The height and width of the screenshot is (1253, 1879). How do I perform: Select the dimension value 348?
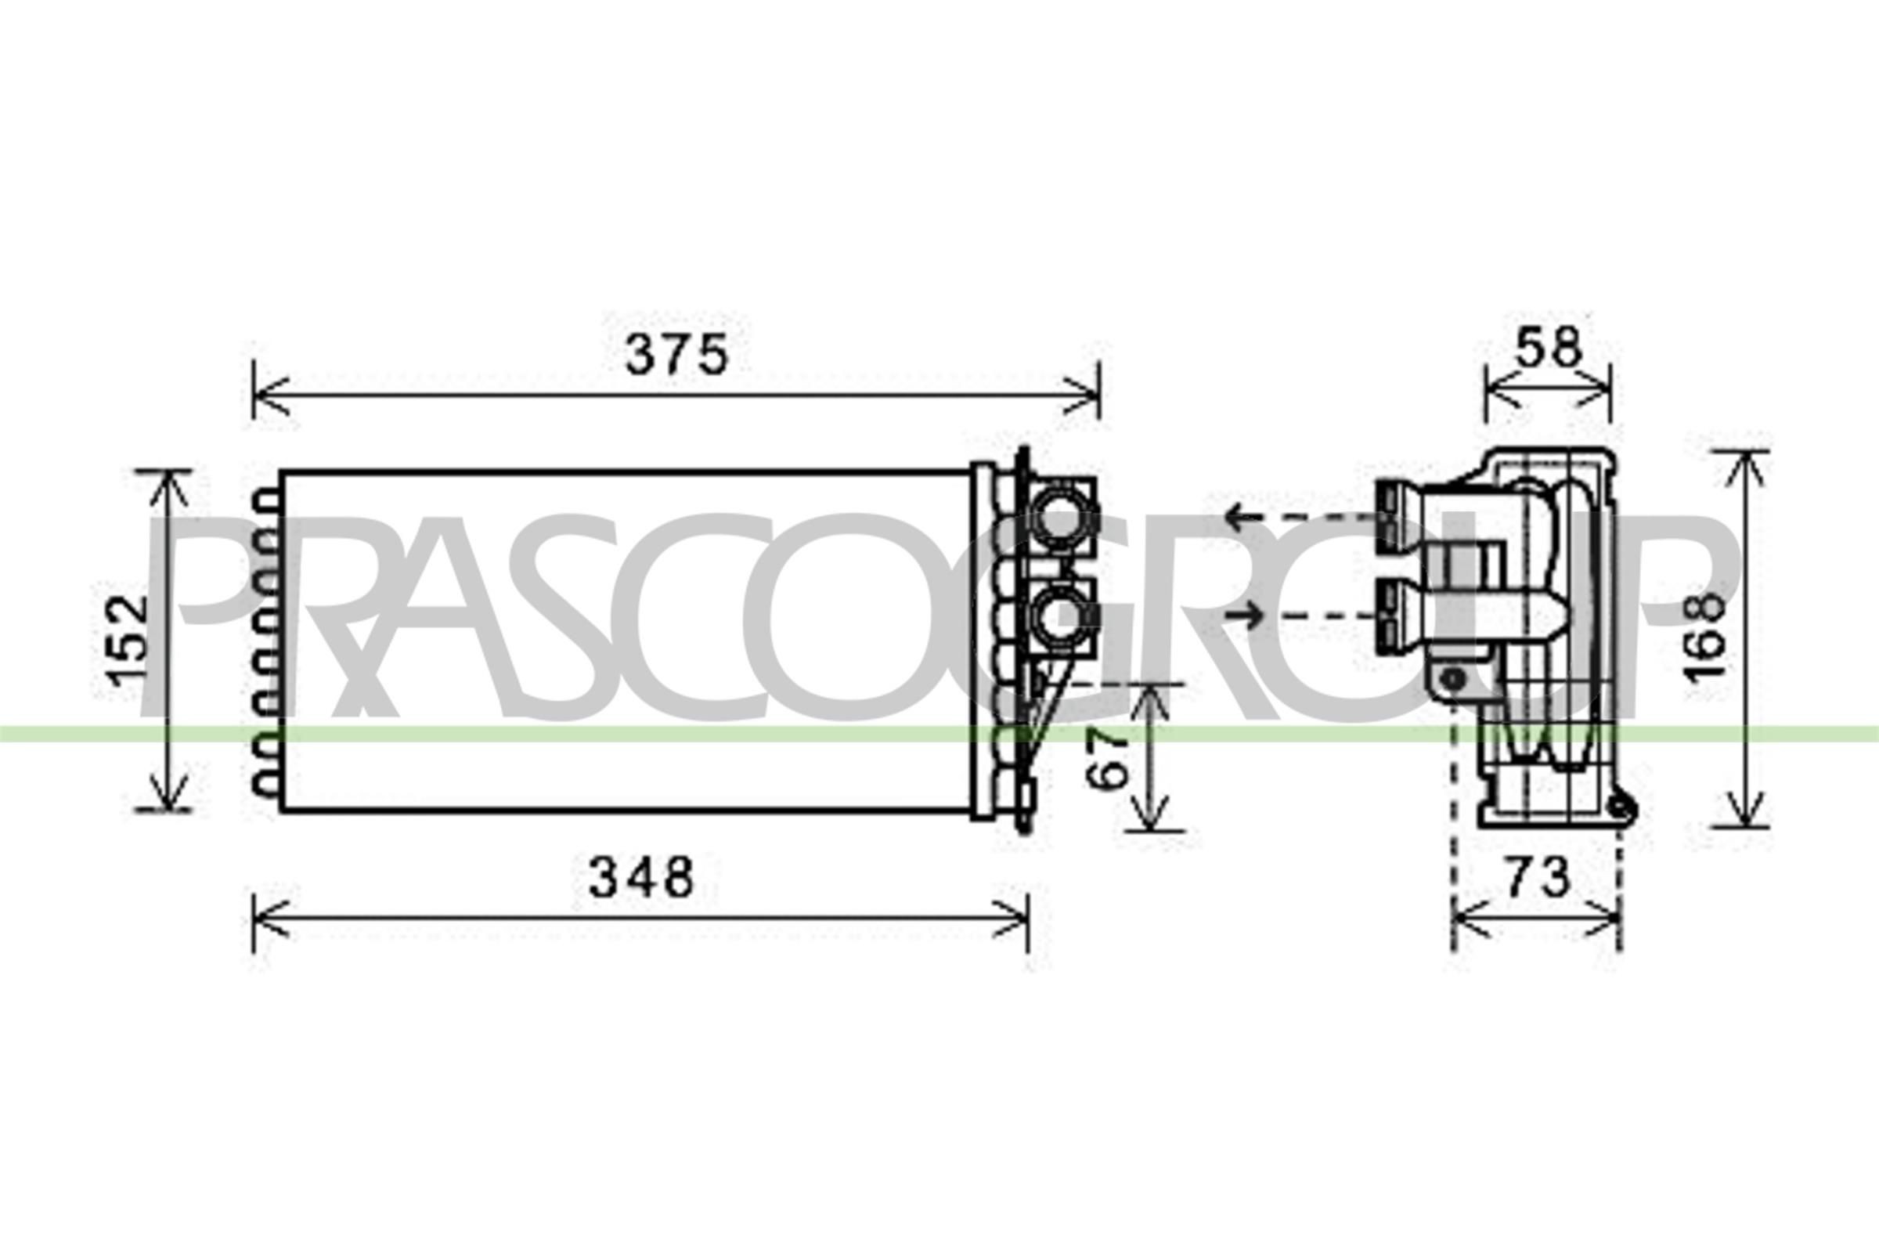click(x=640, y=876)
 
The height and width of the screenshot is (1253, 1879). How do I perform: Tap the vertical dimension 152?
click(x=128, y=641)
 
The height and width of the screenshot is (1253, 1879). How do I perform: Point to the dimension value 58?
click(x=1549, y=348)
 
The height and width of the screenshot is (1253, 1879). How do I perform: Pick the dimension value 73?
click(x=1538, y=876)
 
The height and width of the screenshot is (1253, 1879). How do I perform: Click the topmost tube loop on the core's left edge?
click(x=266, y=502)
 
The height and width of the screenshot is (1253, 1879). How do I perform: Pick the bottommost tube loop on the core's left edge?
click(x=266, y=785)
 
